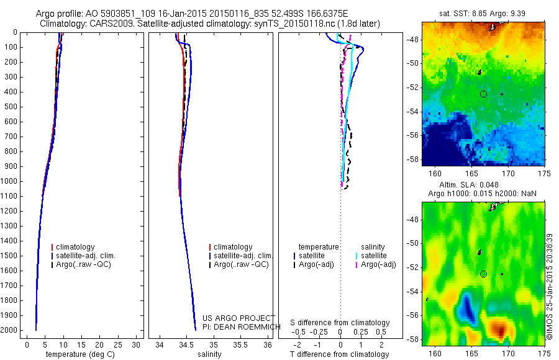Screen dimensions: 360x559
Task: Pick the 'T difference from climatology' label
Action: [339, 354]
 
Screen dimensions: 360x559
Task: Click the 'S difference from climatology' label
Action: [340, 323]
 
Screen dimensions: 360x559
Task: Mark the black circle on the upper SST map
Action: [483, 94]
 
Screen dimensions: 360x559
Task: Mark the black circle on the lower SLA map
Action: [483, 274]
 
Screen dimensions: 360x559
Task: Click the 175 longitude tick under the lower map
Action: [543, 353]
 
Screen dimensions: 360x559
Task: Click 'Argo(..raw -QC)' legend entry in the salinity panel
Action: [240, 264]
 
